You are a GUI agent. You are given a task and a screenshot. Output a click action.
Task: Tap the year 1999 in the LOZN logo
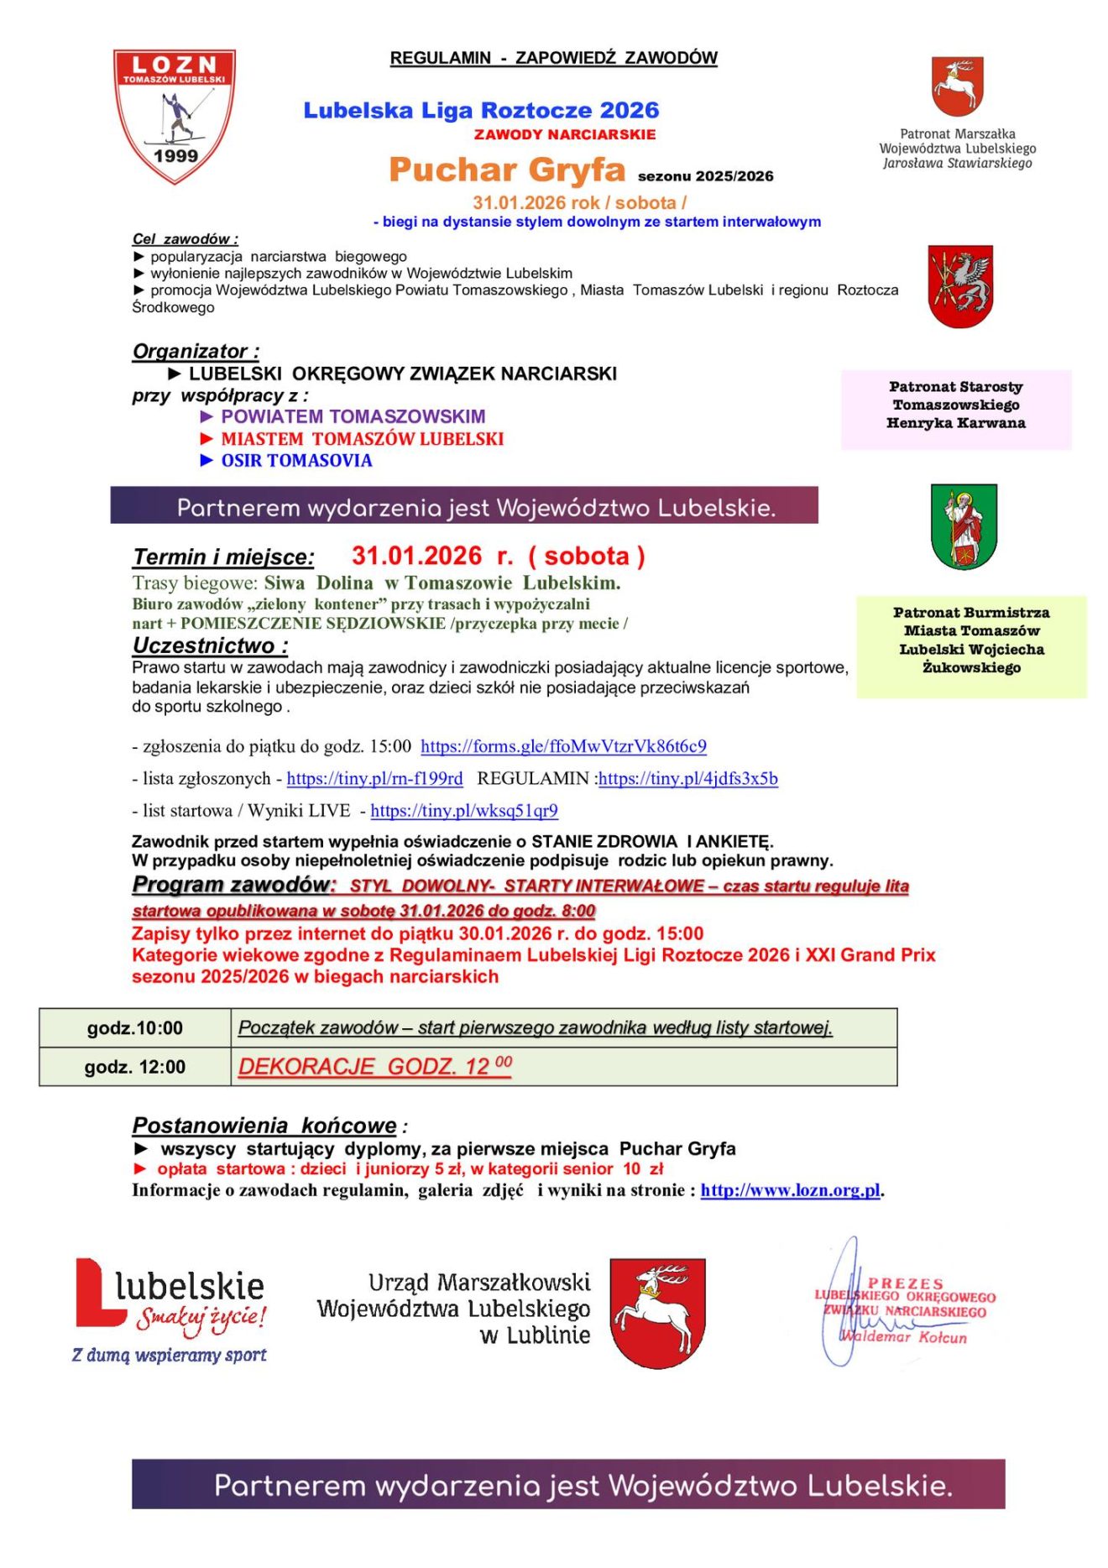tap(175, 155)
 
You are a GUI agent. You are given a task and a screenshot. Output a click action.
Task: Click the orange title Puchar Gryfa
tap(507, 170)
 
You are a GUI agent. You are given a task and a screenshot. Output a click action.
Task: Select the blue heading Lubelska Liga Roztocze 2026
tap(481, 110)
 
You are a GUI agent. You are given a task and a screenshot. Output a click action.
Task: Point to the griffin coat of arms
tap(960, 286)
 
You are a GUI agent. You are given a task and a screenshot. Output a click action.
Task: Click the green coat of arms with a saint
tap(964, 526)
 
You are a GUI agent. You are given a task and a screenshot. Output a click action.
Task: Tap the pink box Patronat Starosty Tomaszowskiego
tap(956, 405)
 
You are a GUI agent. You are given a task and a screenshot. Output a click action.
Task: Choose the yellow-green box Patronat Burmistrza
tap(971, 641)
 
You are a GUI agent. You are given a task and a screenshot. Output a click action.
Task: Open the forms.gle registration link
tap(563, 746)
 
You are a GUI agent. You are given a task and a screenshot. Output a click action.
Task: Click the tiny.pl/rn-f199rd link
tap(374, 778)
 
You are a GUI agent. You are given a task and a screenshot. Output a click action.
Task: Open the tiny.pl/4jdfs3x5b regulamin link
tap(687, 778)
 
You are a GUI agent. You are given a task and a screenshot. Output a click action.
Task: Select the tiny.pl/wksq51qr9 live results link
tap(464, 810)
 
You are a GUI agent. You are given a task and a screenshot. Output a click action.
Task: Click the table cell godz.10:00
tap(135, 1028)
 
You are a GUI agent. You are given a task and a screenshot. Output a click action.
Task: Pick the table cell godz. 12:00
tap(135, 1067)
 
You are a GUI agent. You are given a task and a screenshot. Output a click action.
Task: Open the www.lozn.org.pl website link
tap(790, 1190)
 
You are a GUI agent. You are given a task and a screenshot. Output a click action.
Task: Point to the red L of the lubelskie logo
tap(97, 1294)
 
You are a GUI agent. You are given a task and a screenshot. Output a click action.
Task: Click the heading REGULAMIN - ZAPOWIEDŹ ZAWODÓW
tap(553, 58)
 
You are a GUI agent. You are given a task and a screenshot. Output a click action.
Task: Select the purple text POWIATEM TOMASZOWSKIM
tap(353, 416)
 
